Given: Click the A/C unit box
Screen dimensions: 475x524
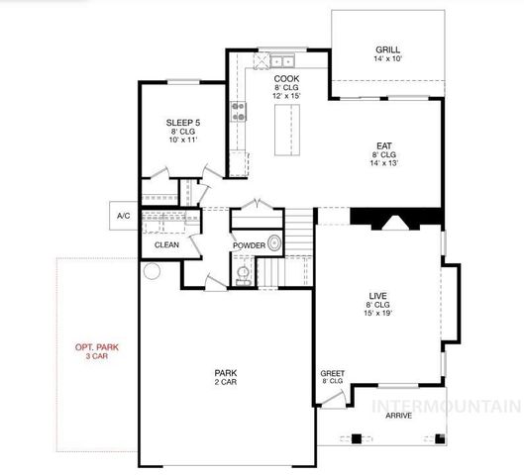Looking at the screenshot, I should (x=124, y=215).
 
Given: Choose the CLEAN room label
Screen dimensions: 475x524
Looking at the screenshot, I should (x=167, y=244).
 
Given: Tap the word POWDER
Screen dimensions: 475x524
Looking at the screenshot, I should (x=248, y=244).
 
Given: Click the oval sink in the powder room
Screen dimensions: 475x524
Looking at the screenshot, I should (x=274, y=241).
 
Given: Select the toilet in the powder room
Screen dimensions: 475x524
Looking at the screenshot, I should (x=243, y=271).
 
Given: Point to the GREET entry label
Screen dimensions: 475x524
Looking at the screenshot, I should (x=332, y=374).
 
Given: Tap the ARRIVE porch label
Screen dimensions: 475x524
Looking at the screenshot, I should (x=399, y=416).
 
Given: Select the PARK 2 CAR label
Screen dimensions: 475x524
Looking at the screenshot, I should (x=225, y=377).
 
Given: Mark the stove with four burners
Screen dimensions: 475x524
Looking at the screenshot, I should (x=239, y=111).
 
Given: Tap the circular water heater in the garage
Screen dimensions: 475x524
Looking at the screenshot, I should (x=152, y=270).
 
